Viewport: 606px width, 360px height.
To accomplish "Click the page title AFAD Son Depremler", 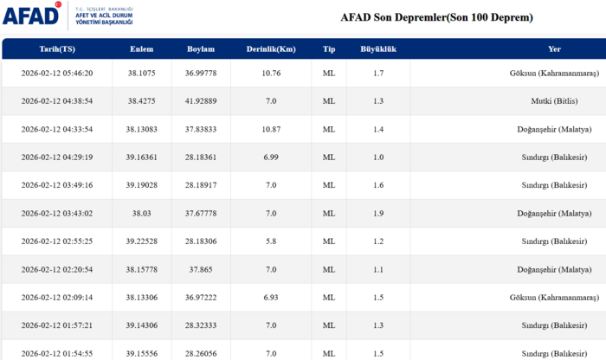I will click(436, 17).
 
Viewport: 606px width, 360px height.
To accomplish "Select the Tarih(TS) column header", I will click(57, 48).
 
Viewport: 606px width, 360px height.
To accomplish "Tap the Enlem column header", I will click(142, 48).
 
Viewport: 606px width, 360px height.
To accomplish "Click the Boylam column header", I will click(201, 48).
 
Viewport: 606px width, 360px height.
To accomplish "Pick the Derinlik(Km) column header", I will click(270, 48).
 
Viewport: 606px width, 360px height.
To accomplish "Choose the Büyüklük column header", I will click(378, 48).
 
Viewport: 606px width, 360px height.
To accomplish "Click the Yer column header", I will click(554, 48).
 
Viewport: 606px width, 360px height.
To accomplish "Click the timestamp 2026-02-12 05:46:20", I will click(57, 73).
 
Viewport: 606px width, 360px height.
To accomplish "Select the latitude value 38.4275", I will click(142, 101).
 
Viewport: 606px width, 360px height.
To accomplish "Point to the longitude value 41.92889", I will click(201, 101).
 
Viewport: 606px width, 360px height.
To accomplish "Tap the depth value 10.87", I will click(270, 129).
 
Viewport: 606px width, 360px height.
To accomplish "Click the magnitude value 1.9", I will click(378, 213).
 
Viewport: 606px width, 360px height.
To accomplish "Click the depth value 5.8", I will click(270, 241).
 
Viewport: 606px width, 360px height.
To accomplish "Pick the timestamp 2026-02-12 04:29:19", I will click(57, 157).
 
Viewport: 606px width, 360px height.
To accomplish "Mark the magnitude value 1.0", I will click(378, 157).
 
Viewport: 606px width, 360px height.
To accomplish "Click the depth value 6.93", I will click(270, 298).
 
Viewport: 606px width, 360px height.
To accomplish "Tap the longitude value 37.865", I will click(201, 269).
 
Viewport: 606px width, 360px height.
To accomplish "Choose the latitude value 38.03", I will click(142, 213).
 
